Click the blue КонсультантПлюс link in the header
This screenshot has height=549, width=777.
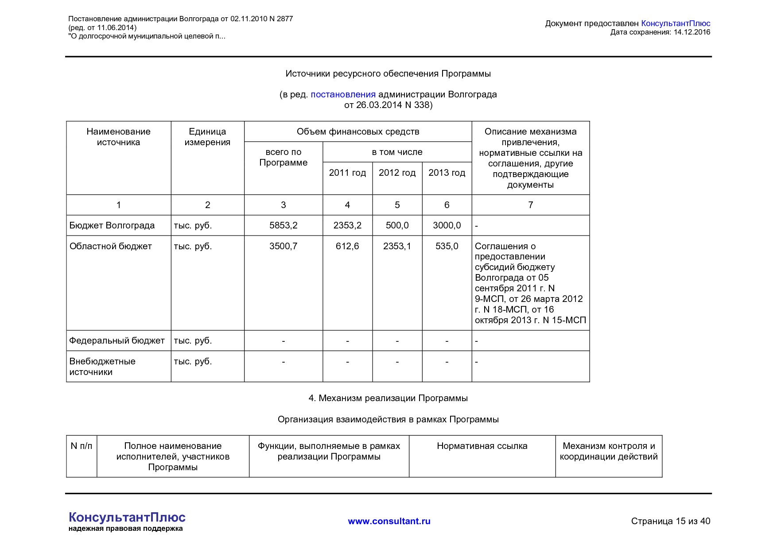click(675, 23)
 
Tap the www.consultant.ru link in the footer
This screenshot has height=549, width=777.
click(389, 521)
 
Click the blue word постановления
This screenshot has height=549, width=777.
click(343, 94)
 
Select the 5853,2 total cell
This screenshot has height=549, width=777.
click(283, 225)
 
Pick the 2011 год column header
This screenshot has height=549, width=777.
click(347, 173)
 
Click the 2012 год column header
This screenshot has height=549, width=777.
click(397, 173)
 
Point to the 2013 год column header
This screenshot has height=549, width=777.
click(447, 173)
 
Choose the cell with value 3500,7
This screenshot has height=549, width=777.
click(283, 246)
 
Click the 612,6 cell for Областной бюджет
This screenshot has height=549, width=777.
click(347, 246)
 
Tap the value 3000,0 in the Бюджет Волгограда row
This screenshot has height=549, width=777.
click(447, 225)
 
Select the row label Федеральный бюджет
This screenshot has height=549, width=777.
click(117, 340)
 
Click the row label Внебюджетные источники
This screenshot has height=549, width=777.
click(102, 366)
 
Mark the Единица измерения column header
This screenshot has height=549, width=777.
click(207, 137)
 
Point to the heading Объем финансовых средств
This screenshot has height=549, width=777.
click(357, 131)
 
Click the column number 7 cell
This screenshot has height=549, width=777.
click(530, 205)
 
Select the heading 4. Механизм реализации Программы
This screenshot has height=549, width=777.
click(388, 398)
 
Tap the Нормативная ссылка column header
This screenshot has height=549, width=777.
click(482, 446)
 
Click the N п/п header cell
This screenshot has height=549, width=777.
click(82, 446)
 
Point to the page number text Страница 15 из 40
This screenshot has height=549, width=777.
click(670, 521)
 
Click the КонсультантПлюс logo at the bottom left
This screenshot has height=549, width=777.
click(127, 518)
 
